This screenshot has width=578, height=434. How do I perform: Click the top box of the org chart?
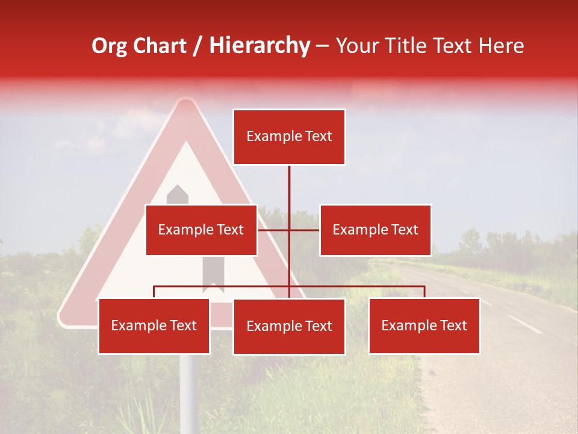289,137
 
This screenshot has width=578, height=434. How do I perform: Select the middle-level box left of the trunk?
201,230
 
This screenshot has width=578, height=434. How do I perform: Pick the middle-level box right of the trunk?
375,230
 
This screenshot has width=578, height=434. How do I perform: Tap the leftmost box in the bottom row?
154,326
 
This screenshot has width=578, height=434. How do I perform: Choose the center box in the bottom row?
289,327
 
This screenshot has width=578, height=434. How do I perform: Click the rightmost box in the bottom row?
424,326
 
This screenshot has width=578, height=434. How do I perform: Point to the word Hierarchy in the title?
259,46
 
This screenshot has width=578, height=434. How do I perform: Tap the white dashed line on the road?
524,324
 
